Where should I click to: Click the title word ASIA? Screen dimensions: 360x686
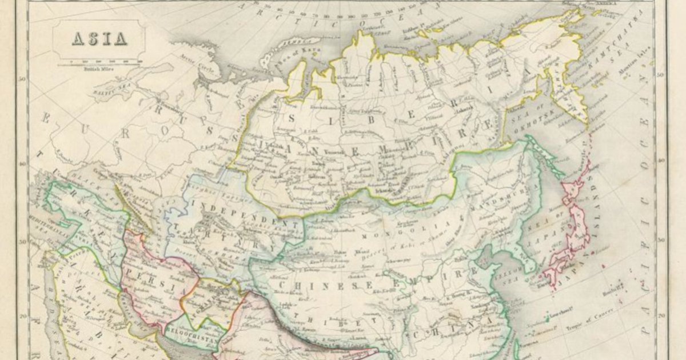(x=99, y=39)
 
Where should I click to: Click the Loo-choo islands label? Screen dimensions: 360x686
(x=563, y=314)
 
